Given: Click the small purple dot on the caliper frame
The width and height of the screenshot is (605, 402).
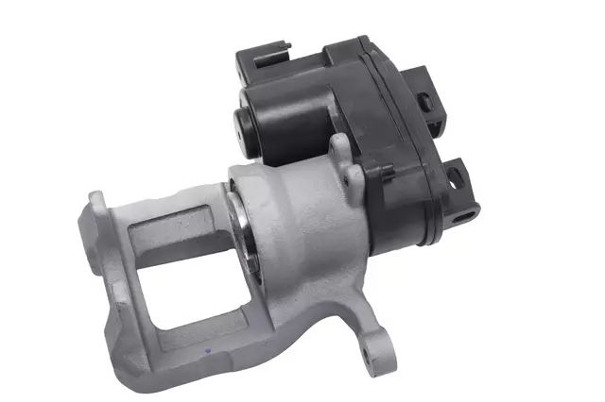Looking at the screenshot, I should (x=207, y=350).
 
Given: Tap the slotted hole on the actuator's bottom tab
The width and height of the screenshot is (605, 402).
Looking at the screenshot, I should (x=462, y=216).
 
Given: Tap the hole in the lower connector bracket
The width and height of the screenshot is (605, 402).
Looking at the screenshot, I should (x=455, y=176).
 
